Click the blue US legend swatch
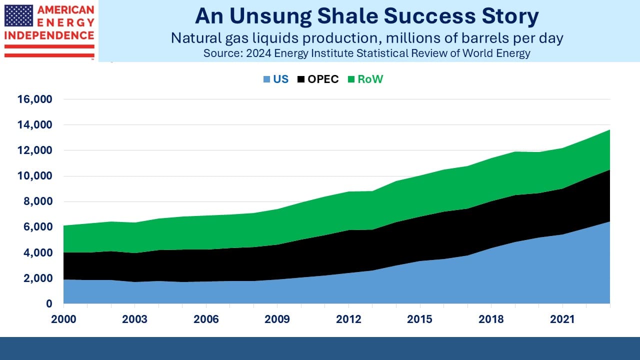[x=266, y=79]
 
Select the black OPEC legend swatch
[x=301, y=79]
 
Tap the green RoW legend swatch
[x=351, y=79]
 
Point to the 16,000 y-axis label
[x=35, y=99]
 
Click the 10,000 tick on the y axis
[x=35, y=175]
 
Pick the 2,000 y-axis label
[x=37, y=278]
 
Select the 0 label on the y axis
[x=49, y=303]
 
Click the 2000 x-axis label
[x=63, y=319]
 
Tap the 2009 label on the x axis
[x=277, y=319]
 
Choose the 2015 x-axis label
[x=419, y=319]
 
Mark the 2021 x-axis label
[x=562, y=319]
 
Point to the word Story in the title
[x=510, y=17]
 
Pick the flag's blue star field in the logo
[x=18, y=15]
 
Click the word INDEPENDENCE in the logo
[x=49, y=35]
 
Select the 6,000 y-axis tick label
[x=37, y=227]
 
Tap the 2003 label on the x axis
[x=134, y=319]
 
